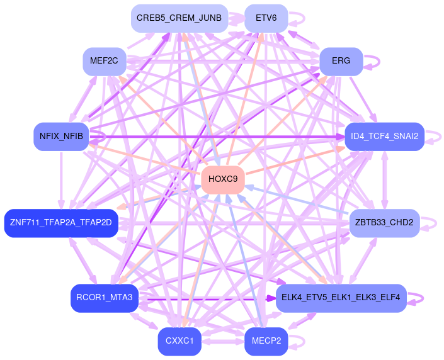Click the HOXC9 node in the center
pyautogui.click(x=222, y=179)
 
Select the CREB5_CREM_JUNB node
pyautogui.click(x=179, y=18)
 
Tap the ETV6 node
pyautogui.click(x=266, y=18)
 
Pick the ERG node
pyautogui.click(x=341, y=62)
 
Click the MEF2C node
pyautogui.click(x=105, y=62)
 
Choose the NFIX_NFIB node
pyautogui.click(x=61, y=137)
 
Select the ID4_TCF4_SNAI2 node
pyautogui.click(x=384, y=137)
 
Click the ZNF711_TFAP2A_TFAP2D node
pyautogui.click(x=60, y=223)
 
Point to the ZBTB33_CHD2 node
pyautogui.click(x=384, y=223)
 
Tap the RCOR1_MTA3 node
pyautogui.click(x=104, y=298)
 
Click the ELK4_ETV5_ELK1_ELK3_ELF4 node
pyautogui.click(x=341, y=298)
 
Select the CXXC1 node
pyautogui.click(x=179, y=341)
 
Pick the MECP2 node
pyautogui.click(x=266, y=341)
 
